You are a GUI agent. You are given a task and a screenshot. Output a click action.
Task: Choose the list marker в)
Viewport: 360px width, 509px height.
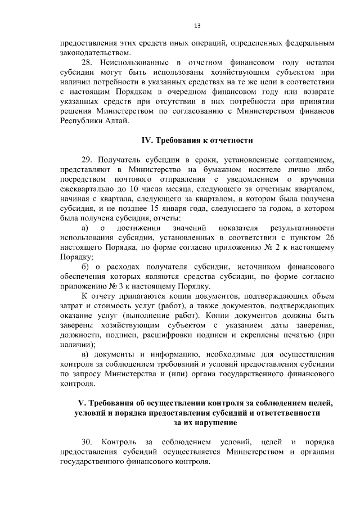(85, 355)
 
